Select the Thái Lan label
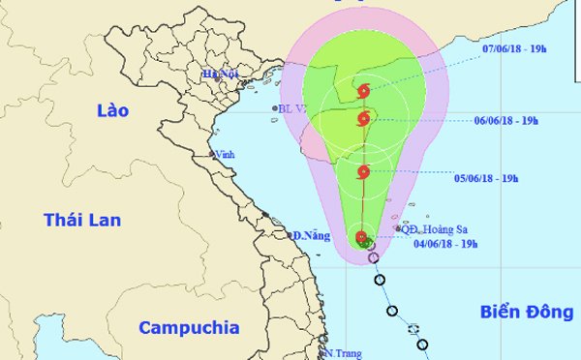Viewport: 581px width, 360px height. tap(81, 221)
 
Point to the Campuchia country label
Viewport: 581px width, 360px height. tap(189, 328)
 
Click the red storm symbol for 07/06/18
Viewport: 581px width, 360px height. tap(363, 92)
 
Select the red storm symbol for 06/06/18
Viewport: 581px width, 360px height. tap(363, 120)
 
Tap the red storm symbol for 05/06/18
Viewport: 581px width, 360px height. tap(363, 172)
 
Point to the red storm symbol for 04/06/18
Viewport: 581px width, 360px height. tap(361, 237)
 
